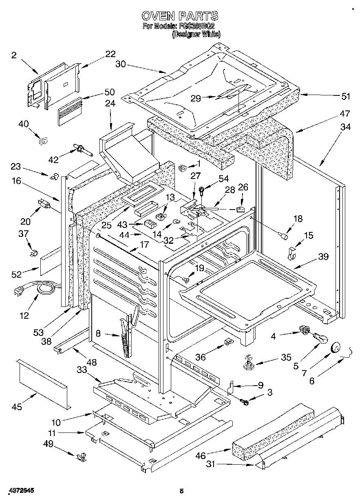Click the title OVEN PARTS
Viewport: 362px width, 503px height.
180,16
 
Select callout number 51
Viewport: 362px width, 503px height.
346,96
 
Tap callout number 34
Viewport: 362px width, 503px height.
345,127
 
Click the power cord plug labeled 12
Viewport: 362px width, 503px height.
18,290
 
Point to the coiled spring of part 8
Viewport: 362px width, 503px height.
126,345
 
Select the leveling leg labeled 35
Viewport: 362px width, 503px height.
248,362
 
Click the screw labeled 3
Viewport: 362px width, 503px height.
246,402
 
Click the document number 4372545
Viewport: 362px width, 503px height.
20,492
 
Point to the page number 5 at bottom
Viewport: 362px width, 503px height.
182,492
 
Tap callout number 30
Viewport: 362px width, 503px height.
121,64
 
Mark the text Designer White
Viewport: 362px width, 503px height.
196,35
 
